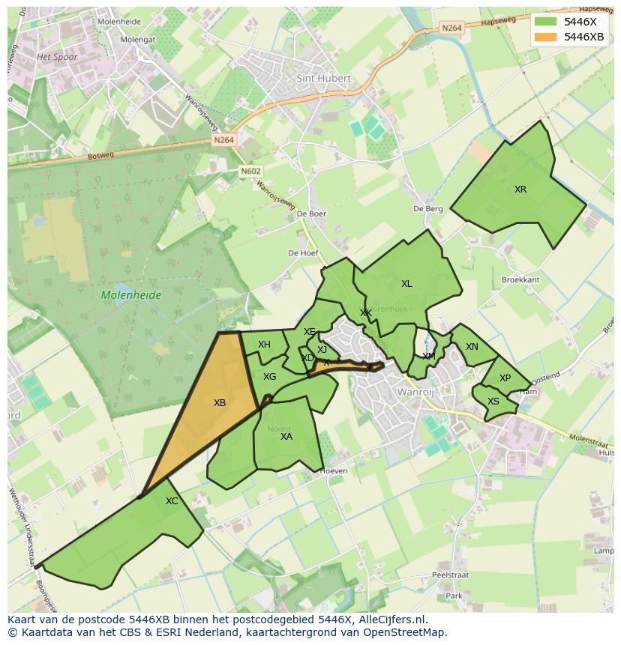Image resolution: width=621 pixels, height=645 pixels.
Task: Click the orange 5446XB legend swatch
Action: (x=546, y=37)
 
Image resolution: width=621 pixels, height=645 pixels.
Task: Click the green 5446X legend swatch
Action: (x=546, y=22)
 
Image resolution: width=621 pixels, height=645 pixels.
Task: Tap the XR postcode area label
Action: (x=520, y=190)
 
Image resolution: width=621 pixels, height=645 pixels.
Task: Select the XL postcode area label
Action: (x=406, y=284)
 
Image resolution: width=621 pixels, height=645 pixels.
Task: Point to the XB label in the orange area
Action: (x=220, y=403)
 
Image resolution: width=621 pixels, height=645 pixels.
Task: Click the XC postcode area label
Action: (x=172, y=501)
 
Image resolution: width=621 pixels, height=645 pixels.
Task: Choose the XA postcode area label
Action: (x=286, y=437)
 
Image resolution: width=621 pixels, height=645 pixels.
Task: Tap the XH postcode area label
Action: (x=264, y=345)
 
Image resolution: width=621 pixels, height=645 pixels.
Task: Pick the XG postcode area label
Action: (x=269, y=377)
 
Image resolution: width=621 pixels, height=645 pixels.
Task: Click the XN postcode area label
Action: (x=472, y=347)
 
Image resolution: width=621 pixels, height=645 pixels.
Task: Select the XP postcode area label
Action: (x=505, y=378)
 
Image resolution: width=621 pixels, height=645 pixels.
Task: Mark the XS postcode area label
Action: (x=493, y=402)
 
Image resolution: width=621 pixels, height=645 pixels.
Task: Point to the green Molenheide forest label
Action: (x=131, y=295)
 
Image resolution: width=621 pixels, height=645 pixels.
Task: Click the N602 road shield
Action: (x=250, y=172)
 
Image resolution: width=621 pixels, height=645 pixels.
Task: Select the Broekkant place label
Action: (x=520, y=279)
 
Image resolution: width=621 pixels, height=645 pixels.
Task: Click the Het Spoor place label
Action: (x=57, y=57)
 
